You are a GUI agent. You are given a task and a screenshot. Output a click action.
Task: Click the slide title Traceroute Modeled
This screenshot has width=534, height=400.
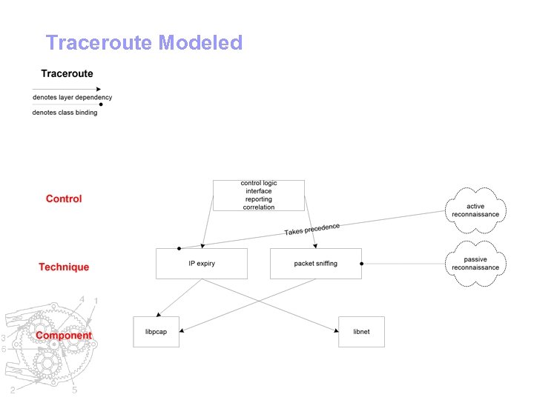144,43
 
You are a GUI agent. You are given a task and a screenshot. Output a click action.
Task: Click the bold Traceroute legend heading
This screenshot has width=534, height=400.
67,73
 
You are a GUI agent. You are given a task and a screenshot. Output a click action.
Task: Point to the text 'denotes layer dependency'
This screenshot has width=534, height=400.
72,97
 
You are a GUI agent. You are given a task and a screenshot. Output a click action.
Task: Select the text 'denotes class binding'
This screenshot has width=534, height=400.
65,113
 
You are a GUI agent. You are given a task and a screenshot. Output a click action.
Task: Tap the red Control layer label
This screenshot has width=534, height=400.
64,199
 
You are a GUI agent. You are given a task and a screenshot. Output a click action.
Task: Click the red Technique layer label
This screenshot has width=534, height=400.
64,267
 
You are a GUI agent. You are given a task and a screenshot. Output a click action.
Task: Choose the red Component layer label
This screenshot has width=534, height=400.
64,335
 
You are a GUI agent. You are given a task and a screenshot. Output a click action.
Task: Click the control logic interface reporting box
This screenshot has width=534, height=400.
258,195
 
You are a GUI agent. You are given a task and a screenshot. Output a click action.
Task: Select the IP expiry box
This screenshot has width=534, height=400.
202,264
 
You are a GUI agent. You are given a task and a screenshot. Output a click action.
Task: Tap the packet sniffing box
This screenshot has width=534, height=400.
315,264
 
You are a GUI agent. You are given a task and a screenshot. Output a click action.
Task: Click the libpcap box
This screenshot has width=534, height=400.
156,331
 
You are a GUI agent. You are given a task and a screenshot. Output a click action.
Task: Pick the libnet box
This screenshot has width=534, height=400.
361,331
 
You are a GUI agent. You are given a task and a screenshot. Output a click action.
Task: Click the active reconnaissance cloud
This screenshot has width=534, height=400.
475,210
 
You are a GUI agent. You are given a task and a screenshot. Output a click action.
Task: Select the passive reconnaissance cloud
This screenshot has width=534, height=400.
475,263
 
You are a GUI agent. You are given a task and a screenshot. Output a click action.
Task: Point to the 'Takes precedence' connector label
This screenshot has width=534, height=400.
312,230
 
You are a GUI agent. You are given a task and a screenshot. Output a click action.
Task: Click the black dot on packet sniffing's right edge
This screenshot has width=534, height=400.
361,263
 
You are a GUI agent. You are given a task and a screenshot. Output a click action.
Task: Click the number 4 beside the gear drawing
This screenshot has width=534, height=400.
82,299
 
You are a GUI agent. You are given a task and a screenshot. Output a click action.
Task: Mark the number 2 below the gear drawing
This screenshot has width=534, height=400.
13,390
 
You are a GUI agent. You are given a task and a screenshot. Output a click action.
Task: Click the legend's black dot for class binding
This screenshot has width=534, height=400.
101,105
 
